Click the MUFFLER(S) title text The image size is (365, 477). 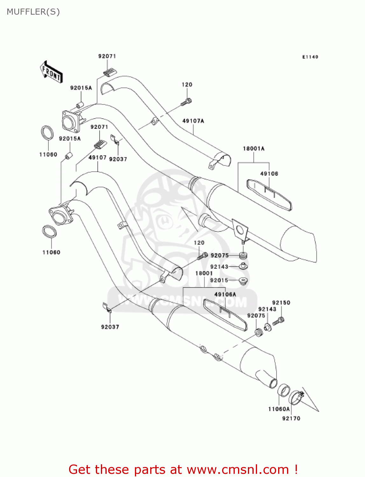33,12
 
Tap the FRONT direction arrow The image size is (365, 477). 51,72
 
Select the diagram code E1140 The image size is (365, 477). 310,57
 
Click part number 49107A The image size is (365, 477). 193,121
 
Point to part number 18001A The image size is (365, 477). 253,149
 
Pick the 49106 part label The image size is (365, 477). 269,174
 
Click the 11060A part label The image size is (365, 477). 279,409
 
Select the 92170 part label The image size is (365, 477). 291,418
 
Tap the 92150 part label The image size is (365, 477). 281,303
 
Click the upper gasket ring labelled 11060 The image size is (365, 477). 47,133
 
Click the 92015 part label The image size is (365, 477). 219,280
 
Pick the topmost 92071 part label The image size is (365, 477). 107,56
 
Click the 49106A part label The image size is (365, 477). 225,294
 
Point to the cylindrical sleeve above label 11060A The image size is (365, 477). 284,391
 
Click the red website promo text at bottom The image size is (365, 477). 183,469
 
